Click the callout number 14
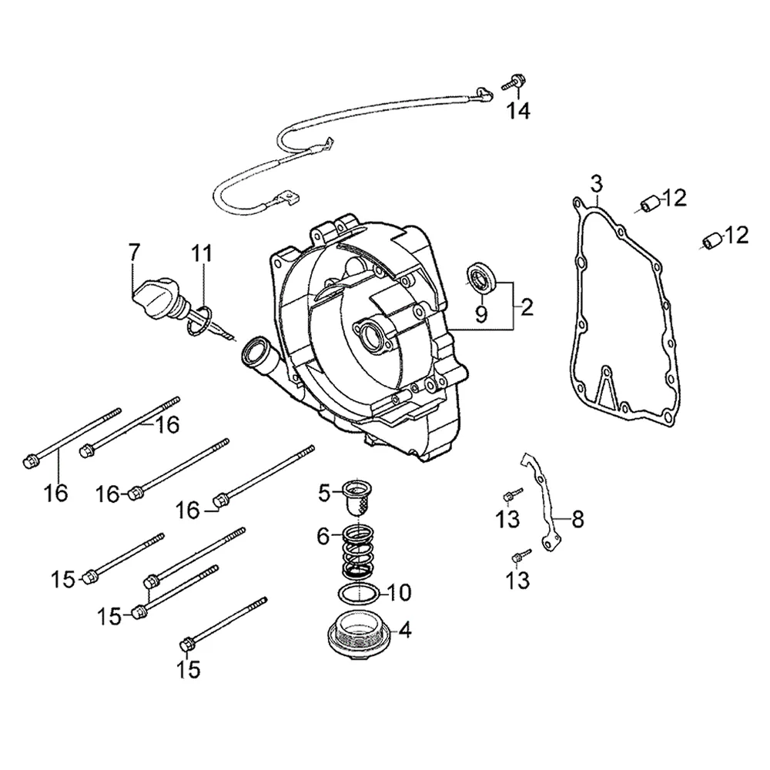(519, 112)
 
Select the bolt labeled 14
(512, 82)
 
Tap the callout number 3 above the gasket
(596, 184)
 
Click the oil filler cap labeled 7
(157, 297)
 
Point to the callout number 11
(202, 253)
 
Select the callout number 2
(526, 308)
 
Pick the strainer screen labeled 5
(357, 497)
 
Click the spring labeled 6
(357, 551)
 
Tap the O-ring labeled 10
(358, 594)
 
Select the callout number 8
(577, 519)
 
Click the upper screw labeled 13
(512, 495)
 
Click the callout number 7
(133, 253)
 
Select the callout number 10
(399, 593)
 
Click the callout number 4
(405, 631)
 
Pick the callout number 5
(324, 494)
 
